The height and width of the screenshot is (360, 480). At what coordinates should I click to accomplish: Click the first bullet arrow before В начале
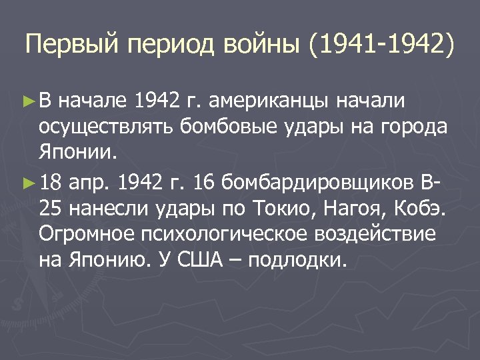click(27, 101)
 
